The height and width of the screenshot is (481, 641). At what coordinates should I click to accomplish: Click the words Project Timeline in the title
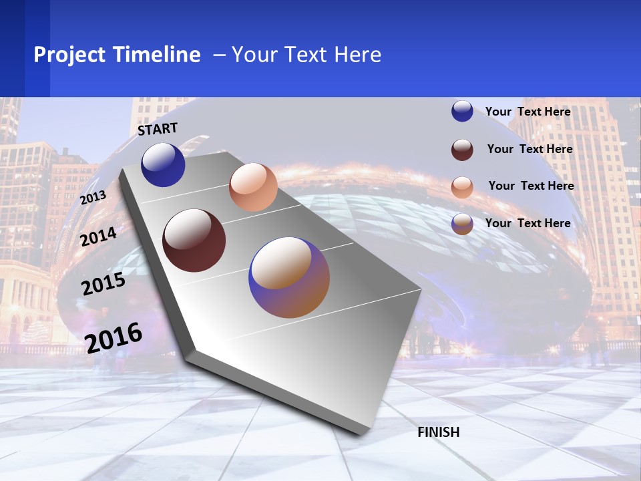click(117, 55)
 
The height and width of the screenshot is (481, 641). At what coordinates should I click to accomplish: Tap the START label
click(158, 129)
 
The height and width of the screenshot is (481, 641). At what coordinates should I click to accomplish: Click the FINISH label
click(439, 432)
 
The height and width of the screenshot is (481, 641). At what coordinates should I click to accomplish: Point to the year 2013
click(93, 198)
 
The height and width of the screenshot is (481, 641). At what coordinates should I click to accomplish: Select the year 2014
click(99, 236)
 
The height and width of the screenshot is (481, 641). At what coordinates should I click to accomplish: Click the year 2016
click(114, 337)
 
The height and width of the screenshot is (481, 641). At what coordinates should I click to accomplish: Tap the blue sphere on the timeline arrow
click(163, 164)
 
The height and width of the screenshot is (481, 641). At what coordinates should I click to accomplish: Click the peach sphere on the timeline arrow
click(253, 187)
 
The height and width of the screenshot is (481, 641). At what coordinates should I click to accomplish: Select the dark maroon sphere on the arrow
click(194, 240)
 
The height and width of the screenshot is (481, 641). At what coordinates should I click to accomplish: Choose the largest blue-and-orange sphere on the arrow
click(289, 277)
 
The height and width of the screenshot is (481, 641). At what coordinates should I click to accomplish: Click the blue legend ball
click(462, 111)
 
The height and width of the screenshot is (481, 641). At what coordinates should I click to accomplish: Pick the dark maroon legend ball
click(462, 150)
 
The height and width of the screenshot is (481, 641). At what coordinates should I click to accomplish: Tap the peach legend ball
click(462, 187)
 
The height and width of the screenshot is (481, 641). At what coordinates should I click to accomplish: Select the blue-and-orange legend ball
click(462, 224)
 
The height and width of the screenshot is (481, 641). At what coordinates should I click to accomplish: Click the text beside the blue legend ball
click(528, 112)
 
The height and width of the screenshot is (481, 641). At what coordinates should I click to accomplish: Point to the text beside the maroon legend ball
click(530, 149)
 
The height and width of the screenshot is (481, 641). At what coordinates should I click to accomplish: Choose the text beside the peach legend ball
click(531, 186)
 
